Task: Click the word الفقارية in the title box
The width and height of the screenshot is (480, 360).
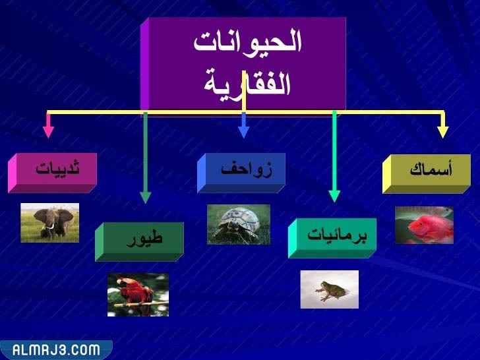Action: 247,82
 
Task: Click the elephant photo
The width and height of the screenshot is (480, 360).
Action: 49,222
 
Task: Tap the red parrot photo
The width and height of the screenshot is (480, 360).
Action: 138,295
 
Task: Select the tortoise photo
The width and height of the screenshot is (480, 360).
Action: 238,224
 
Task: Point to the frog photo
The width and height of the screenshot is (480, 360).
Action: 329,289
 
